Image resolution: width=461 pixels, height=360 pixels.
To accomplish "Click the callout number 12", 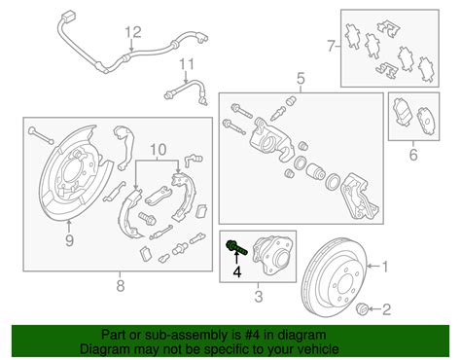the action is click(x=133, y=32).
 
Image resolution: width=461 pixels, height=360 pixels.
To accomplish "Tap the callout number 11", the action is click(x=187, y=64).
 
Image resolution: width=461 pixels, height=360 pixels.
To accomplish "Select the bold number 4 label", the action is click(x=237, y=271).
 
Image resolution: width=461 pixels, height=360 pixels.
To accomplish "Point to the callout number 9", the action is click(x=69, y=240).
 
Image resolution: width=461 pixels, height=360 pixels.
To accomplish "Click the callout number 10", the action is click(x=159, y=150).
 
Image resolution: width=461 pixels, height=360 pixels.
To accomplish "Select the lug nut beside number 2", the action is click(x=362, y=308).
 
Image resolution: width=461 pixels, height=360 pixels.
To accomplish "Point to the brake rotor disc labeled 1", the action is click(x=334, y=280).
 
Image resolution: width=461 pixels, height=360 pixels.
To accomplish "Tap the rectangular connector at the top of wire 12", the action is click(x=70, y=17).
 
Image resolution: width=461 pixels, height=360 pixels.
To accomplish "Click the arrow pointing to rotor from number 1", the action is click(x=373, y=267).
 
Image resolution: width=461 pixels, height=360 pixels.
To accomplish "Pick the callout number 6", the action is click(x=413, y=155).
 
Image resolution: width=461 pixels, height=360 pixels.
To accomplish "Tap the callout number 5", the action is click(x=301, y=79).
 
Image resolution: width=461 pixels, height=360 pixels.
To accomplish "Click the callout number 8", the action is click(x=120, y=286).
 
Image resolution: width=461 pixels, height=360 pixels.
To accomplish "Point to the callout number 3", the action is click(x=258, y=297).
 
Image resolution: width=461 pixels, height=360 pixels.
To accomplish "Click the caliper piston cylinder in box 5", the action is click(x=316, y=171).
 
